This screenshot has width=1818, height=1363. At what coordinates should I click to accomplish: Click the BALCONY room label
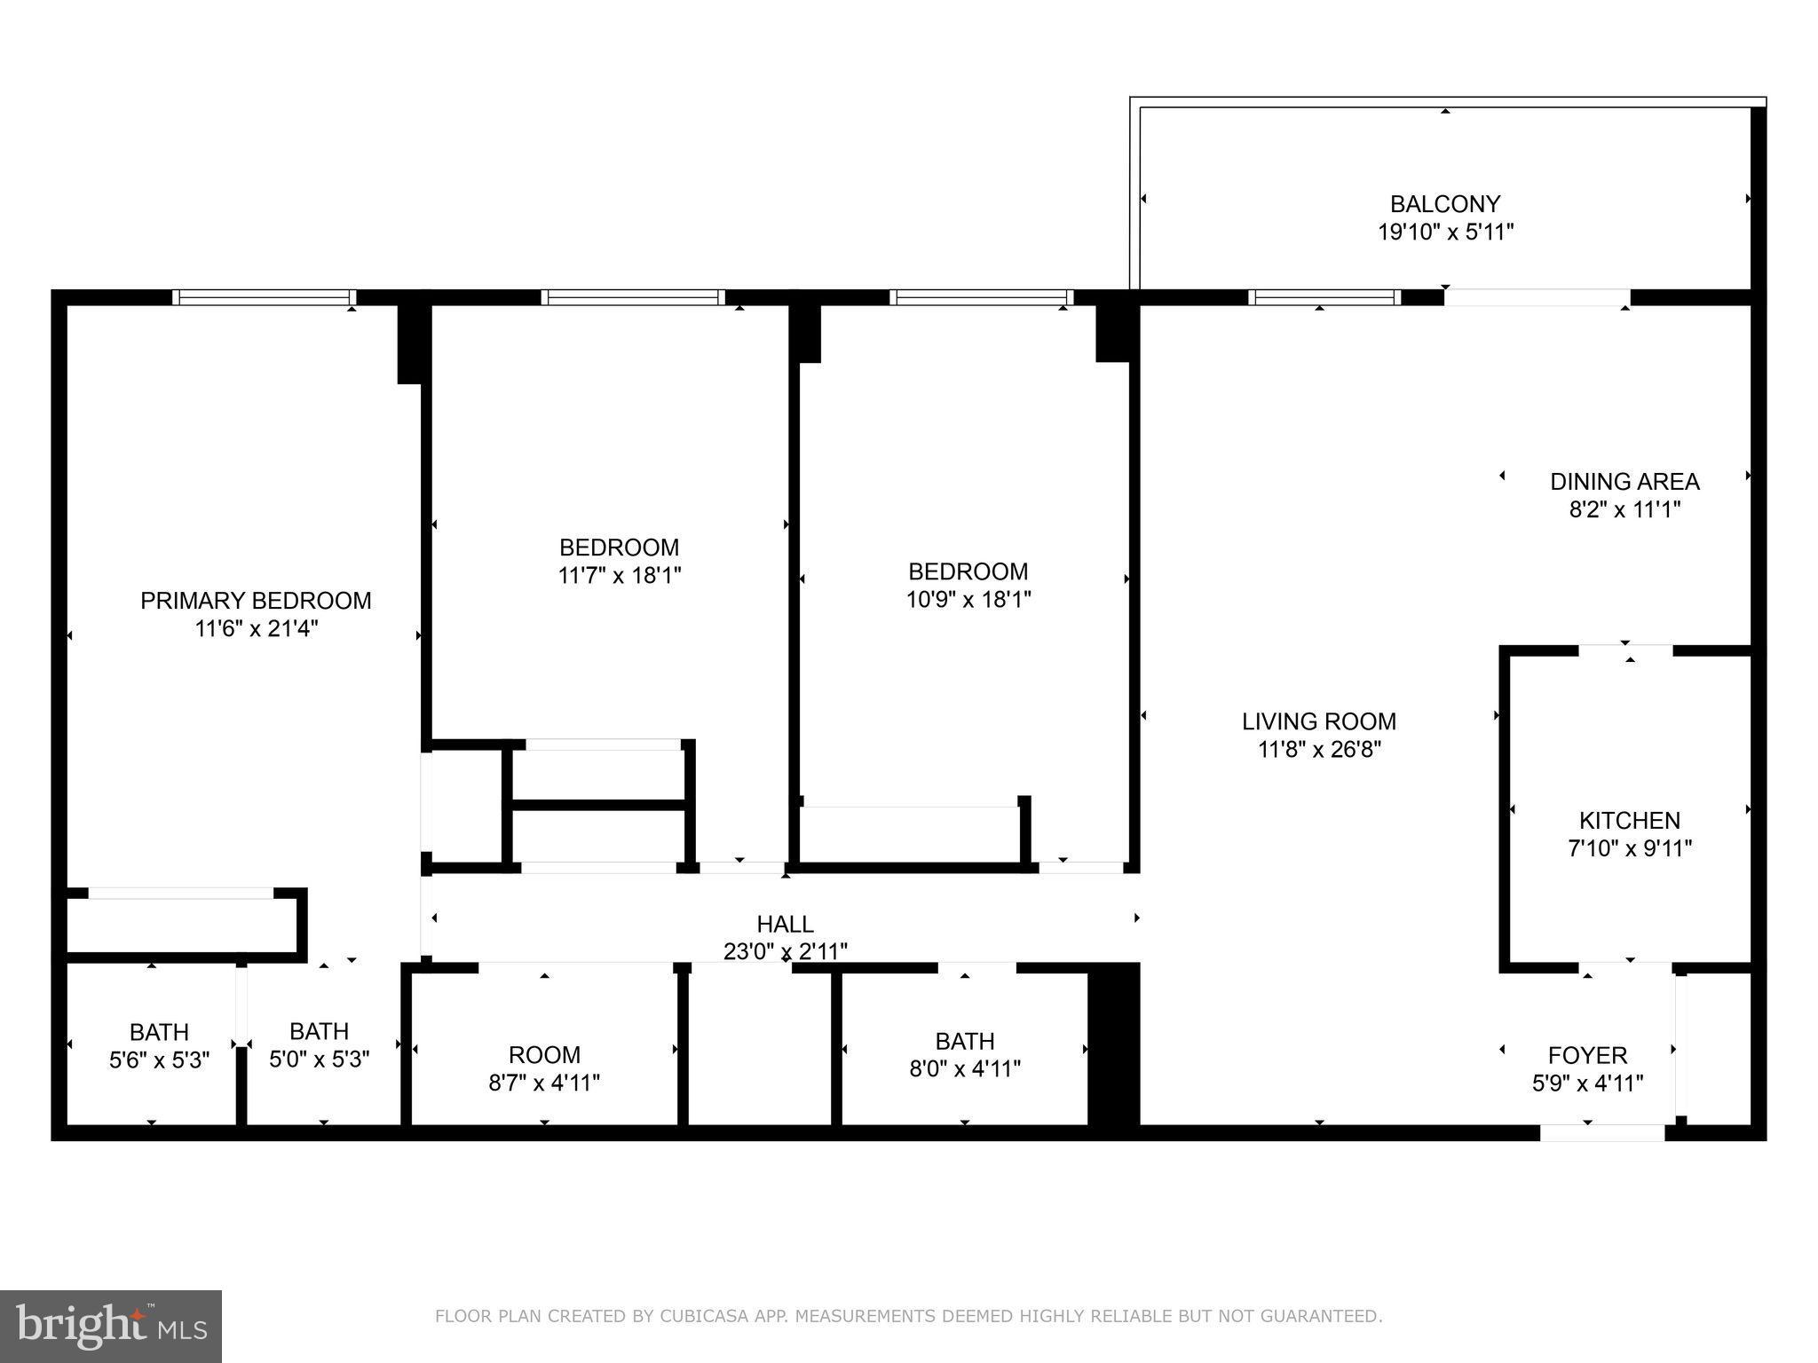1444,204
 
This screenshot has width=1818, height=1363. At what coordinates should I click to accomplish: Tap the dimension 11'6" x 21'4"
257,629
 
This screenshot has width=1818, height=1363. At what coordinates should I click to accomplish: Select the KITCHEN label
1629,820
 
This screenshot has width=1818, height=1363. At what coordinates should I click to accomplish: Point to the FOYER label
1587,1055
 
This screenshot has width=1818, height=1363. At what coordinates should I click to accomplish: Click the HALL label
785,924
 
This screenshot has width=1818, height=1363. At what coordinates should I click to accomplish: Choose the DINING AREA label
1624,481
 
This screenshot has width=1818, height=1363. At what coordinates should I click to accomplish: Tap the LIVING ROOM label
1318,721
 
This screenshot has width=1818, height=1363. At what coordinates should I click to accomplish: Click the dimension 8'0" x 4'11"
964,1068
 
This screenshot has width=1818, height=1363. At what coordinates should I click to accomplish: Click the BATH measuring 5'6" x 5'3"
159,1032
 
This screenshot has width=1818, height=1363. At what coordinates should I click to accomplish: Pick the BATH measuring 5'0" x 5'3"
319,1031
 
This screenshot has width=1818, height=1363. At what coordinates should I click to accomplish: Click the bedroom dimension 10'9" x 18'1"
968,600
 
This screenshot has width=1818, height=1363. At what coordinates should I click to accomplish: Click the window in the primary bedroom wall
264,297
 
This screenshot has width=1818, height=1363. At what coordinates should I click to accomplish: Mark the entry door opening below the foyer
1601,1133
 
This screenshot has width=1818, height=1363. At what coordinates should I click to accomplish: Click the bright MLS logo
110,1326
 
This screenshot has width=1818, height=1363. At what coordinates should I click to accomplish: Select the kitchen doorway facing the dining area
1625,651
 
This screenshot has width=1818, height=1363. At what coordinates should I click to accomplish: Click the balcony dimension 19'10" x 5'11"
1444,232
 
